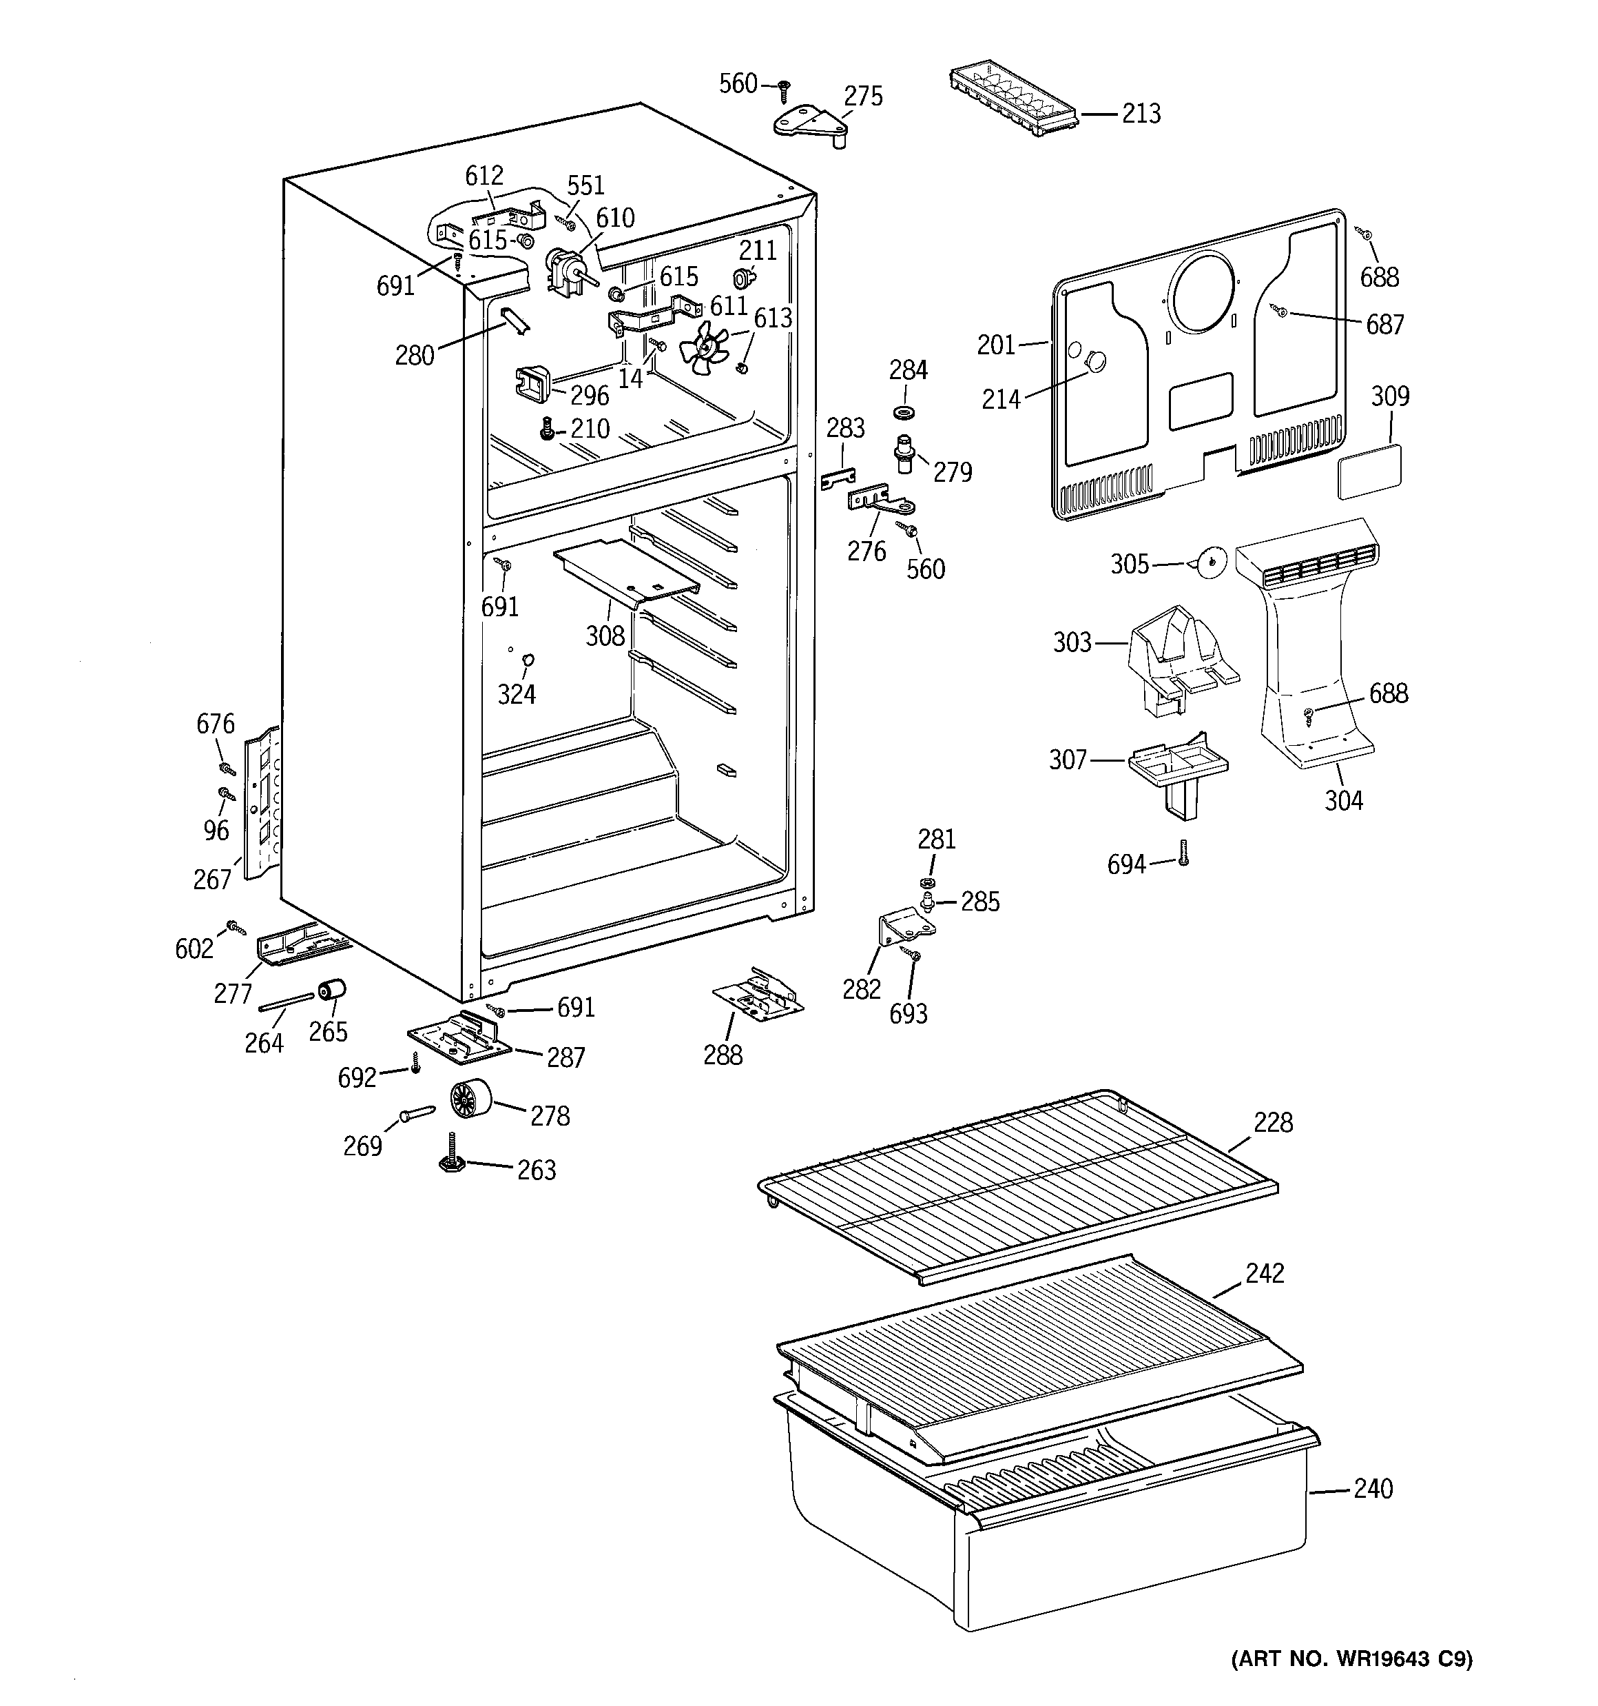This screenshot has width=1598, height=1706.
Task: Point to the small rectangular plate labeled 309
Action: pyautogui.click(x=1370, y=471)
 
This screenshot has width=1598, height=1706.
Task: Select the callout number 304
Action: pyautogui.click(x=1343, y=801)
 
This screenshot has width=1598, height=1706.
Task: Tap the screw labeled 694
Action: pyautogui.click(x=1183, y=853)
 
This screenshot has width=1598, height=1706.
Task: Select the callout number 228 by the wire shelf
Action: pyautogui.click(x=1272, y=1122)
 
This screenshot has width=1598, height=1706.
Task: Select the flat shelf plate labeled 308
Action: pyautogui.click(x=626, y=571)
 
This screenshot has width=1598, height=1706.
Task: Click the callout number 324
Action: pyautogui.click(x=517, y=694)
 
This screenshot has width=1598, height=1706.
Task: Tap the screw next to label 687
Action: pyautogui.click(x=1281, y=313)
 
